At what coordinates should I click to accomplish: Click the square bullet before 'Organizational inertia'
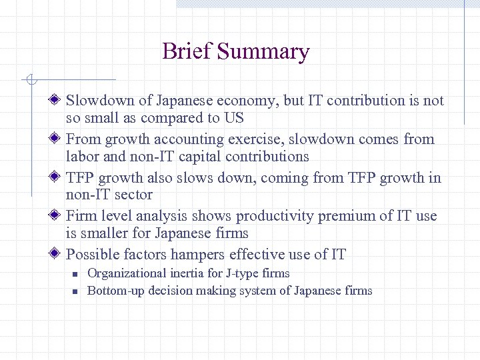tap(76, 274)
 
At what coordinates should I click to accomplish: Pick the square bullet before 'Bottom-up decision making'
tap(76, 291)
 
